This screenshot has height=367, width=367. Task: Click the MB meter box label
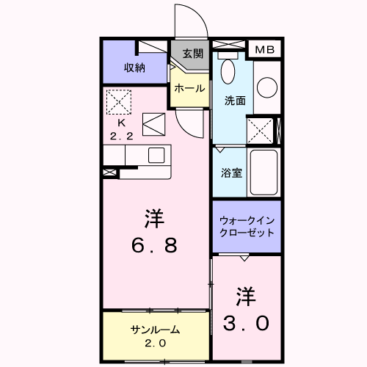[x=265, y=50]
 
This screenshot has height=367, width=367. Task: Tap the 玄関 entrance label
[x=193, y=54]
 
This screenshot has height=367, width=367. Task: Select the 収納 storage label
[x=134, y=68]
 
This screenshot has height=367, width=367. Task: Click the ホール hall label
[x=189, y=88]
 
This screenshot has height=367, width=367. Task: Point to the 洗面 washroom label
[x=235, y=101]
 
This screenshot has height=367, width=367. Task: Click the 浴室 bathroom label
[x=231, y=172]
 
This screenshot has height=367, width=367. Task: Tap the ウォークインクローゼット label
[x=247, y=227]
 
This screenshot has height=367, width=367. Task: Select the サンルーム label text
[x=156, y=330]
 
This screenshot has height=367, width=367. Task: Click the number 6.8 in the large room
[x=154, y=245]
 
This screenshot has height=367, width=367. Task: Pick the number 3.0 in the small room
[x=246, y=323]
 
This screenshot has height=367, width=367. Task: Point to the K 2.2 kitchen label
[x=122, y=130]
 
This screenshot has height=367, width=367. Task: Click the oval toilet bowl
[x=228, y=71]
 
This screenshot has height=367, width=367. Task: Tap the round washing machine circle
[x=267, y=87]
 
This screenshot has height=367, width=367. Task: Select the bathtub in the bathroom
[x=264, y=172]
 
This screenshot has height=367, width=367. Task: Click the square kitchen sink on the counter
[x=156, y=156]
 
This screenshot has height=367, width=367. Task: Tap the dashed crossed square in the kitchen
[x=119, y=102]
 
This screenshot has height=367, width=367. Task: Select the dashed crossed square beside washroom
[x=260, y=131]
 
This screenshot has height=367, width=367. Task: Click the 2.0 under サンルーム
[x=156, y=344]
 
